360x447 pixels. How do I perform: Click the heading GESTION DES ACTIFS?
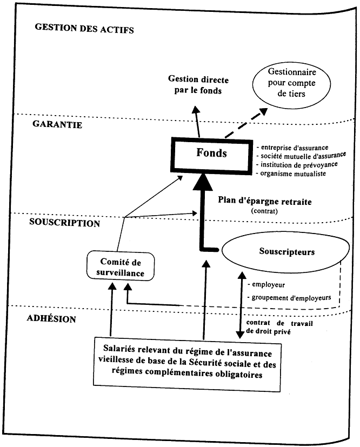point(84,28)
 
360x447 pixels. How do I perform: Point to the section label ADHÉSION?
point(51,318)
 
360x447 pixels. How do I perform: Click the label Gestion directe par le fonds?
point(198,84)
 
